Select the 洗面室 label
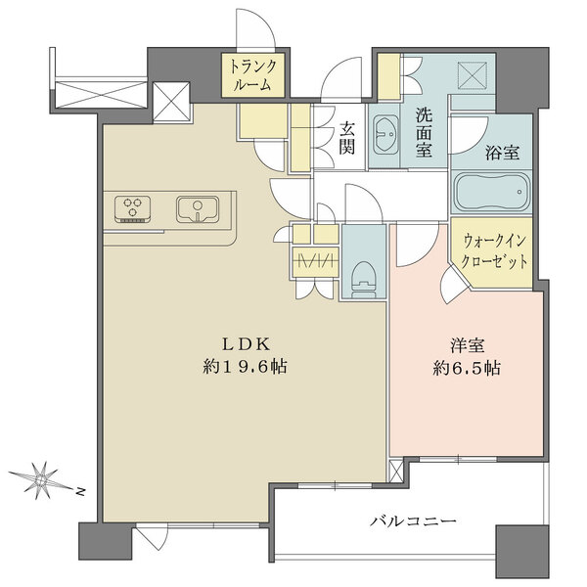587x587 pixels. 423,131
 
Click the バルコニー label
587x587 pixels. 412,521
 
